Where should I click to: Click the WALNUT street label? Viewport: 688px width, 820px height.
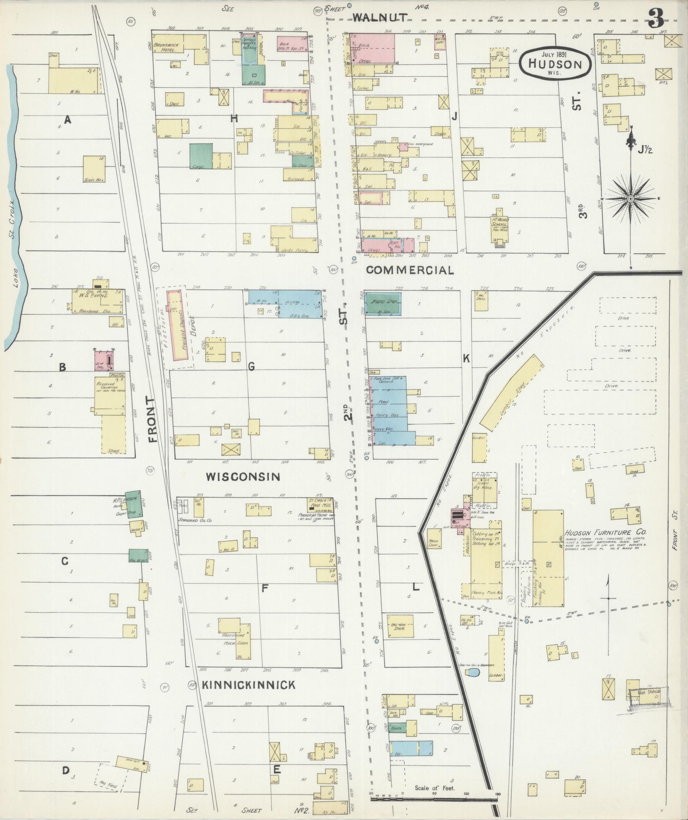pos(380,17)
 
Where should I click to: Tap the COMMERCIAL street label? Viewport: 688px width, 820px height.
pos(410,270)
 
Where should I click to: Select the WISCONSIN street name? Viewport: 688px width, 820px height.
pos(242,477)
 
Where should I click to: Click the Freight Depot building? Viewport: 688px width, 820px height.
pos(179,325)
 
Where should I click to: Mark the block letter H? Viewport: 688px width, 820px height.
pos(234,118)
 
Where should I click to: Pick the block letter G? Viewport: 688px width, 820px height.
pos(251,367)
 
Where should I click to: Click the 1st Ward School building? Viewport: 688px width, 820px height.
pos(500,226)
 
